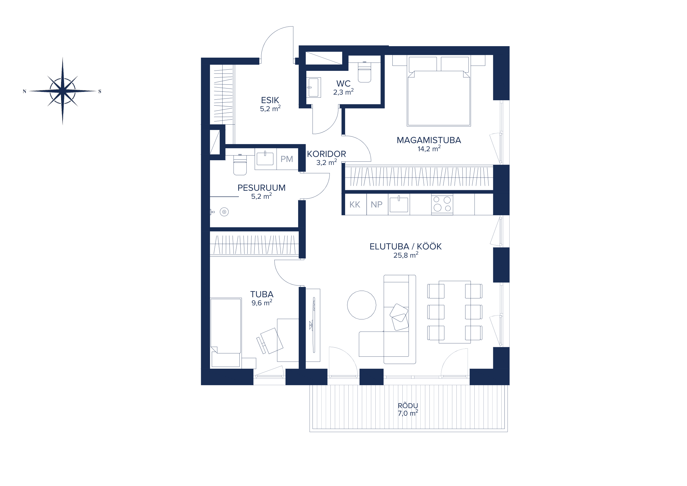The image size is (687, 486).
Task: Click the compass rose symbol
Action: (62, 91)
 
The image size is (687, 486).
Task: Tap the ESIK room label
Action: (270, 100)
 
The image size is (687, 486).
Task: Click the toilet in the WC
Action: (365, 72)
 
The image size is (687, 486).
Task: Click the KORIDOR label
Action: (326, 154)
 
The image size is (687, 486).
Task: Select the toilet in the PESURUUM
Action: (240, 164)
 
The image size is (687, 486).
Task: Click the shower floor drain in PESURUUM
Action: (224, 212)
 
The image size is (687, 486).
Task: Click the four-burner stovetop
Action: (442, 204)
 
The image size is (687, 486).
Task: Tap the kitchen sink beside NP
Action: (399, 204)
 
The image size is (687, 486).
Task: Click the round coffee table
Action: (362, 305)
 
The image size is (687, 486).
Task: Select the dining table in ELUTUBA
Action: (454, 312)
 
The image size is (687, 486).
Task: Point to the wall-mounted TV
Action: (314, 325)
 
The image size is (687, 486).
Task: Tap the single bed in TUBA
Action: (226, 333)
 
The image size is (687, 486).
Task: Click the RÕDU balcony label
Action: (408, 406)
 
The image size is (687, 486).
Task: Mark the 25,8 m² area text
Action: (406, 255)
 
